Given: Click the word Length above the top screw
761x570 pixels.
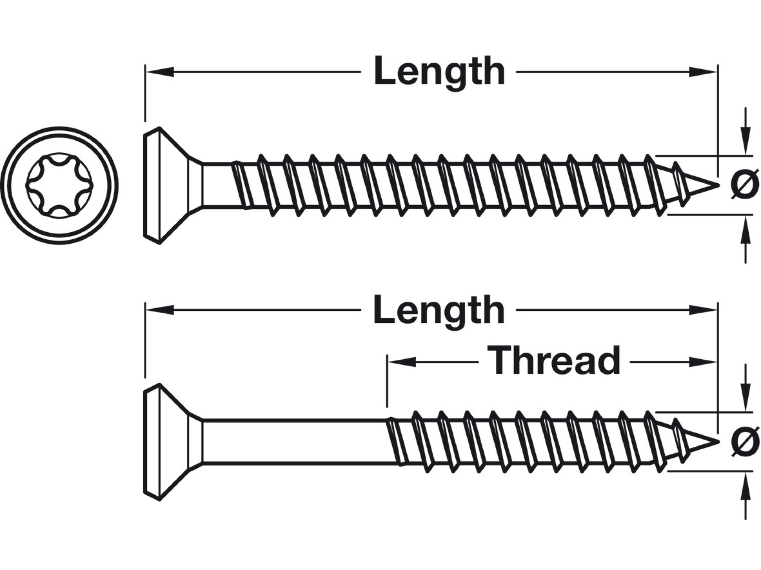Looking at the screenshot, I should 439,72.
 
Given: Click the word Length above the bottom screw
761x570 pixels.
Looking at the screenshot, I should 439,310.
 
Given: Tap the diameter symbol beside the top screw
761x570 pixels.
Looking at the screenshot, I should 744,185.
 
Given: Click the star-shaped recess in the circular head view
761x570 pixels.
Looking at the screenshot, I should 59,185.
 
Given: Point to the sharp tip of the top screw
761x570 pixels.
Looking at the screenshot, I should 716,185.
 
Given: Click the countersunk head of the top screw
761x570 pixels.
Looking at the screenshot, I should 167,185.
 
